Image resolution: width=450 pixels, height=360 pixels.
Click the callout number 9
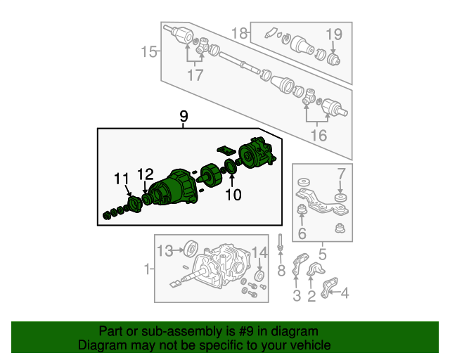(184, 117)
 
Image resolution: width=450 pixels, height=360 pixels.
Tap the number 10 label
(233, 195)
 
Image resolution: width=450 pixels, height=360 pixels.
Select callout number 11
(122, 179)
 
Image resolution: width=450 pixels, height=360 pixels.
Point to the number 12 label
(146, 174)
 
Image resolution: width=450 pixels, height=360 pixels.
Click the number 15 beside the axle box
(149, 52)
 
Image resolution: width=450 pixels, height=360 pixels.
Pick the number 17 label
(195, 75)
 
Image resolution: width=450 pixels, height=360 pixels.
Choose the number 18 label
(239, 33)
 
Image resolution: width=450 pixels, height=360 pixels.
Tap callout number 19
(334, 34)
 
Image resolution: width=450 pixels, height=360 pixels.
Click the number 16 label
(319, 136)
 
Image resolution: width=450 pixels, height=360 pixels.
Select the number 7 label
(341, 174)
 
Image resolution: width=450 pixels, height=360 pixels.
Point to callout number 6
(302, 233)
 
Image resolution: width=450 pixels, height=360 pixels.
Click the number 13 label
(165, 251)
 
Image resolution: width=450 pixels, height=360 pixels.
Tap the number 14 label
(259, 252)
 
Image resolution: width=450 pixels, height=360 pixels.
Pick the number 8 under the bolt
(281, 271)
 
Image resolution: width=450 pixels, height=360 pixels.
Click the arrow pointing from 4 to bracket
(334, 292)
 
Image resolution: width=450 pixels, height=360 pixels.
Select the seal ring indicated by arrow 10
(231, 167)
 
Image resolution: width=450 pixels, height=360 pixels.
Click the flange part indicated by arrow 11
(135, 204)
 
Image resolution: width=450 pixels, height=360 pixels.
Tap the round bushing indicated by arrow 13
(191, 249)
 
